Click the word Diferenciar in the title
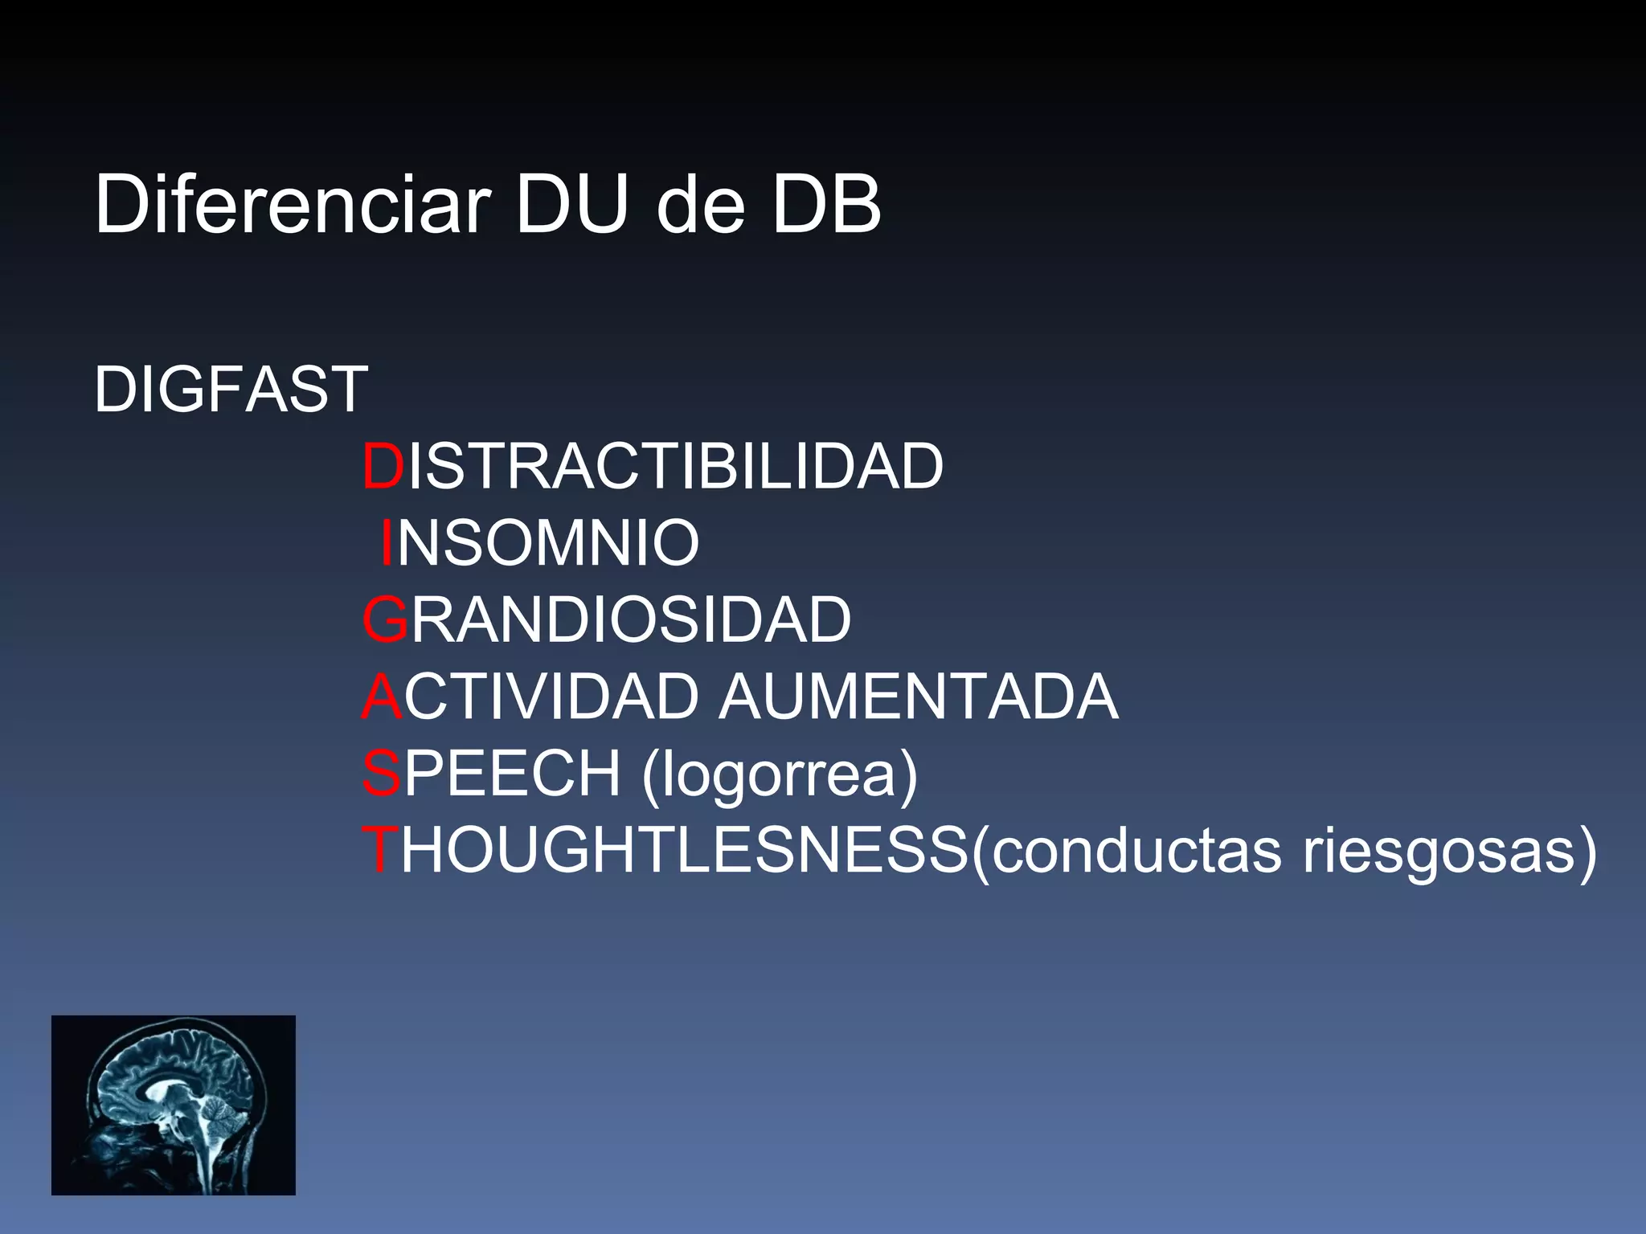click(x=293, y=205)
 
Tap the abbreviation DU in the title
click(x=571, y=205)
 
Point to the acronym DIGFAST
click(x=231, y=390)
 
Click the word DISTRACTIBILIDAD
click(x=653, y=466)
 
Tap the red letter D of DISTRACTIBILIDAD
click(x=383, y=466)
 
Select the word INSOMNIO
click(x=540, y=543)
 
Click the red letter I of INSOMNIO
click(x=387, y=543)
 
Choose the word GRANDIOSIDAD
click(x=607, y=620)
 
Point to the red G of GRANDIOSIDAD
click(x=386, y=620)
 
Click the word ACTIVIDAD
click(x=531, y=697)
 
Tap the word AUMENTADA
click(x=917, y=697)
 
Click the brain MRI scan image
click(x=174, y=1105)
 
